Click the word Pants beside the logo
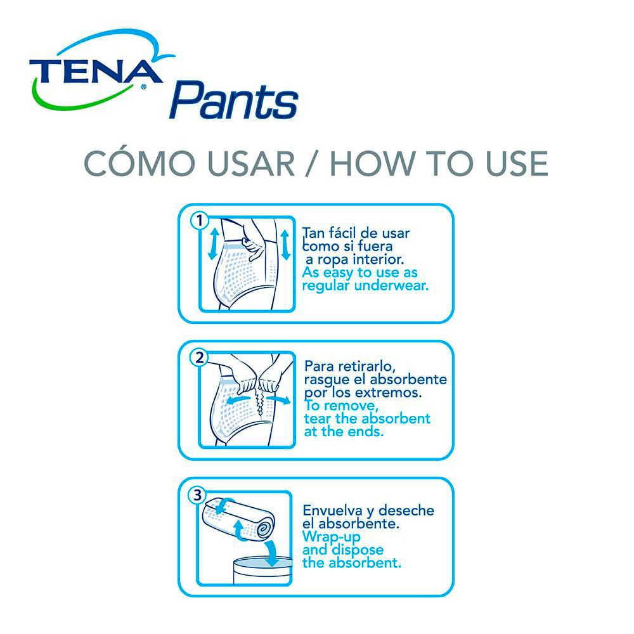coord(234,100)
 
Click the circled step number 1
coord(199,221)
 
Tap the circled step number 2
coord(199,358)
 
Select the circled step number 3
coord(197,495)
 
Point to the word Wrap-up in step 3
coord(331,537)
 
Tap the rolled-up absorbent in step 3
coord(238,520)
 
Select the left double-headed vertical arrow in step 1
coord(213,244)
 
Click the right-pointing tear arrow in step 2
coord(278,399)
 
